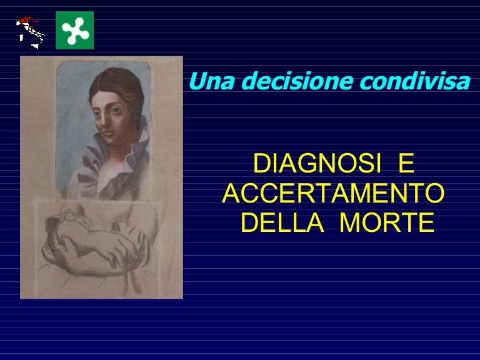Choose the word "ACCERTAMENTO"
pyautogui.click(x=334, y=194)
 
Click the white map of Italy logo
pyautogui.click(x=30, y=31)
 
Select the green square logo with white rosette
pyautogui.click(x=74, y=30)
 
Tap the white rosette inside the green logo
pyautogui.click(x=74, y=30)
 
